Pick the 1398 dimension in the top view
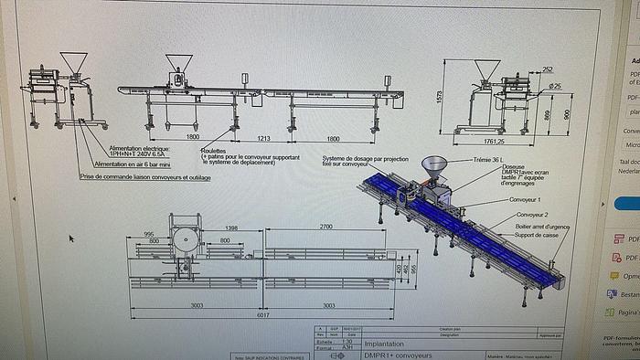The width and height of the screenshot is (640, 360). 230,227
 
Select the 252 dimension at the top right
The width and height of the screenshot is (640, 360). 547,69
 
